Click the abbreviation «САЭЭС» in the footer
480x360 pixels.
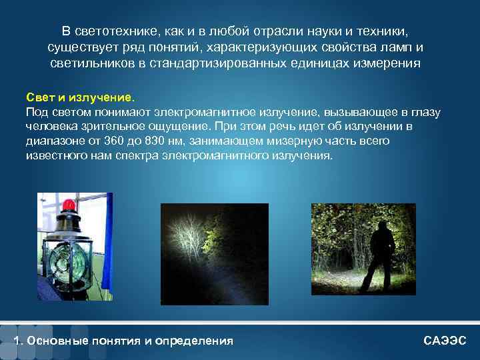445,341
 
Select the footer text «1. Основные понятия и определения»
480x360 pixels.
124,341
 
